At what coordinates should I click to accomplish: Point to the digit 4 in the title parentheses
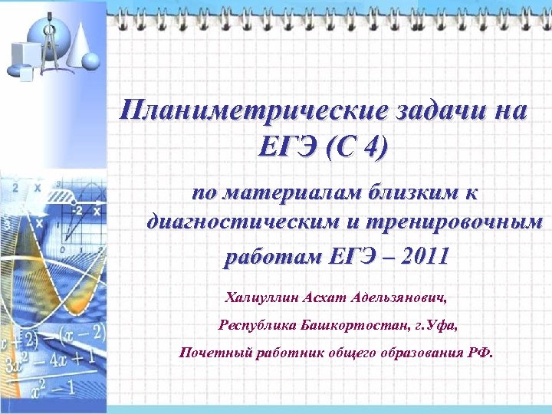coord(372,145)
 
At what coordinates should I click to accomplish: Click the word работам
coord(264,256)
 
